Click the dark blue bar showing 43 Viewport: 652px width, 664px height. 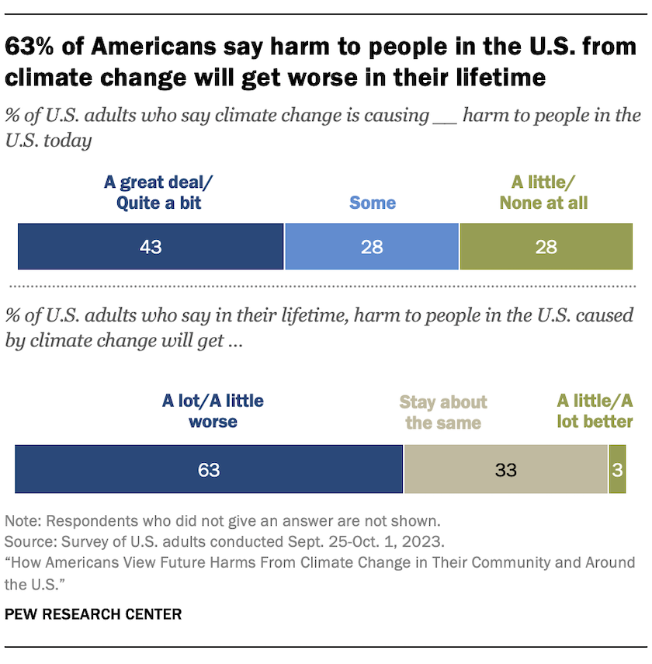tap(151, 247)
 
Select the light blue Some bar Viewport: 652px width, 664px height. tap(373, 247)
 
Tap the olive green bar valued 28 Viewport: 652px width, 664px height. tap(546, 247)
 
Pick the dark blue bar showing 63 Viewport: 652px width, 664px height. tap(209, 469)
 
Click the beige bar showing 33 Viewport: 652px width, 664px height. tap(505, 469)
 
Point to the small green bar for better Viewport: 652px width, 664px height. tap(617, 469)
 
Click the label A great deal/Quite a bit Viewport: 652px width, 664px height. tap(158, 193)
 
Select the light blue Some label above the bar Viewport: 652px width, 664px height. tap(373, 203)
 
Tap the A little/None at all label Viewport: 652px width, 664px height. tap(543, 193)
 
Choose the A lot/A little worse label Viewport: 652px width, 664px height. tap(213, 412)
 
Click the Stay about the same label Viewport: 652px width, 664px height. tap(443, 412)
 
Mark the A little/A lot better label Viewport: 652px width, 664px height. tap(595, 412)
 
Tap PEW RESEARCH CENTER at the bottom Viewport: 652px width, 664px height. tap(93, 614)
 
